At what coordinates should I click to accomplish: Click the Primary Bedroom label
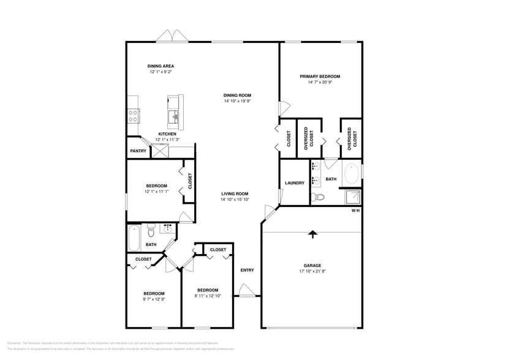[320, 77]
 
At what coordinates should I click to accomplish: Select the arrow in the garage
[313, 233]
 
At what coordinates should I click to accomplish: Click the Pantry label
[137, 151]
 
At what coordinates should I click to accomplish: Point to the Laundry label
[295, 182]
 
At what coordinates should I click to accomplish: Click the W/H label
[355, 211]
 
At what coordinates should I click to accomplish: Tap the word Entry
[247, 270]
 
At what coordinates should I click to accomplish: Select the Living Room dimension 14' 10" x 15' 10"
[239, 200]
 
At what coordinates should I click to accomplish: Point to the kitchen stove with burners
[133, 115]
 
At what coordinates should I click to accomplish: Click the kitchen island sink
[175, 115]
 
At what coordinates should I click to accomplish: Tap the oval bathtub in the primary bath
[351, 174]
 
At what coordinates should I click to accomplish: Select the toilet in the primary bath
[317, 197]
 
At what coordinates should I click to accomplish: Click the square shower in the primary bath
[353, 197]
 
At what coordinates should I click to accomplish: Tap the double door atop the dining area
[172, 37]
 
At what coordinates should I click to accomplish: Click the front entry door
[246, 290]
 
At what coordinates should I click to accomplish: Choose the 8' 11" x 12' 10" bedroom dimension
[208, 296]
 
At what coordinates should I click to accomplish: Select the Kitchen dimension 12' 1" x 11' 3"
[167, 140]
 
